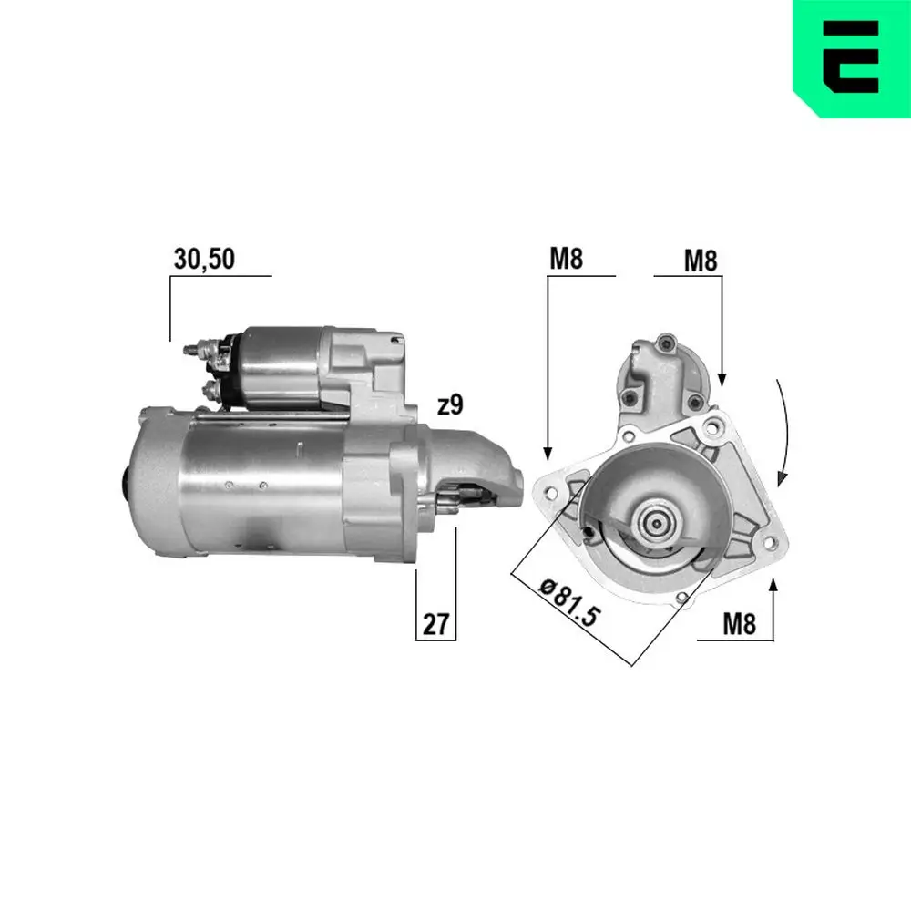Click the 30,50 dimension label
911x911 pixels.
tap(204, 260)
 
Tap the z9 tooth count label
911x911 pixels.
tap(452, 406)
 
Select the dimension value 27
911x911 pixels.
tap(435, 625)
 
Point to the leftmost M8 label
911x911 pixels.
tap(565, 260)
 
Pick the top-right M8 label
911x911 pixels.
tap(701, 261)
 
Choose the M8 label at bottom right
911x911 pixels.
tap(739, 624)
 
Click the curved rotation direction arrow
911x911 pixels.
tap(785, 428)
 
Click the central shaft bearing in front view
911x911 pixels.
tap(655, 524)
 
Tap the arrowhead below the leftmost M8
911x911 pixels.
tap(548, 452)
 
